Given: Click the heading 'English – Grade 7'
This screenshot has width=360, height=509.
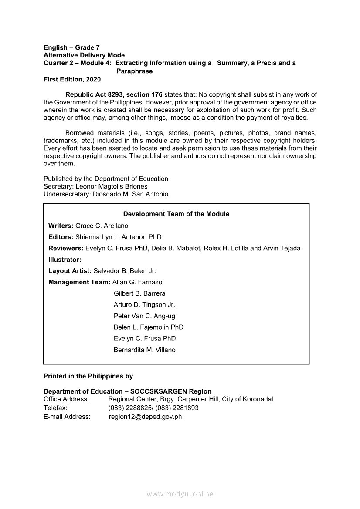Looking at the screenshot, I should (x=71, y=47).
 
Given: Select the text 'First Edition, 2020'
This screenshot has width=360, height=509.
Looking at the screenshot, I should (x=72, y=79).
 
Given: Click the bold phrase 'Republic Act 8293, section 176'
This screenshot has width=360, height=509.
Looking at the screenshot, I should (x=114, y=94).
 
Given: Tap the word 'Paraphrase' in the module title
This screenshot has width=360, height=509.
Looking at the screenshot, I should (x=134, y=71).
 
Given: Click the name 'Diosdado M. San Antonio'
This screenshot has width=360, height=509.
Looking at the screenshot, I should (x=130, y=194).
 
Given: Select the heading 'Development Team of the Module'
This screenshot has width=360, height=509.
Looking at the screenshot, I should (x=176, y=214).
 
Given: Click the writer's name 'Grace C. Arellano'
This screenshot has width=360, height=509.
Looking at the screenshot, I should (x=102, y=226).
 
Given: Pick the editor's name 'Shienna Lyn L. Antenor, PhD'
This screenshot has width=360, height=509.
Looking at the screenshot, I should (x=118, y=237).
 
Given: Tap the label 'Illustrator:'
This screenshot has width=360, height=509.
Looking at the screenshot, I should (x=65, y=260).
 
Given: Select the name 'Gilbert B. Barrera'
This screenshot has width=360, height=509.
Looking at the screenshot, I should (x=139, y=293).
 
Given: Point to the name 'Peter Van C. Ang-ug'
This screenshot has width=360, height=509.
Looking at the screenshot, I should (x=144, y=316).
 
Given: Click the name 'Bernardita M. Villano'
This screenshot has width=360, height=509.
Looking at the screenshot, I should (x=144, y=350).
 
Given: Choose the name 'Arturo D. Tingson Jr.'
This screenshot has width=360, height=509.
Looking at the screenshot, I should (x=144, y=305).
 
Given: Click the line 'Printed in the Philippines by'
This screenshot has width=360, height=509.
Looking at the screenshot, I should (x=88, y=376).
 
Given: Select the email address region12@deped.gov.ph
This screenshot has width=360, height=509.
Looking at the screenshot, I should (x=145, y=417).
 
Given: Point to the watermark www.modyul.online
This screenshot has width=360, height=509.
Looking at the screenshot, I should (x=180, y=494).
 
